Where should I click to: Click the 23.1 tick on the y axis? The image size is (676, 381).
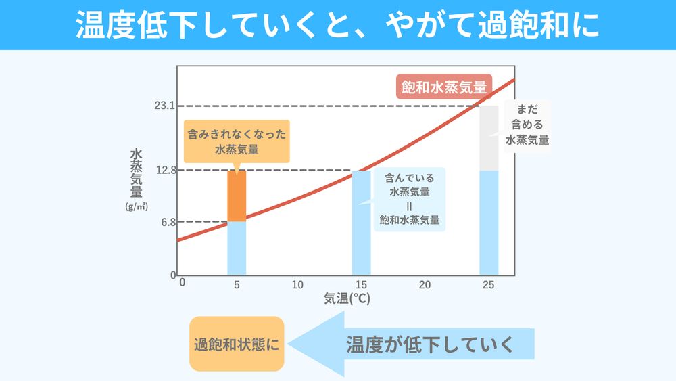[165, 106]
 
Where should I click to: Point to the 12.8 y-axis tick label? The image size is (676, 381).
[165, 170]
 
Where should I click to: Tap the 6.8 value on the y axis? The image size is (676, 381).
[168, 222]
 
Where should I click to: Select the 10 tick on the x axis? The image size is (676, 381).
[297, 285]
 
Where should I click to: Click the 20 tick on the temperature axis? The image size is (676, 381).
[425, 285]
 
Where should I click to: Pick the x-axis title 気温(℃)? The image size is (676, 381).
[347, 298]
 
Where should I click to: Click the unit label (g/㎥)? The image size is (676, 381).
[137, 206]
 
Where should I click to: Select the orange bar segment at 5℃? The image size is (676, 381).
[237, 196]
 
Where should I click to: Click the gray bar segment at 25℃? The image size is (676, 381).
[489, 138]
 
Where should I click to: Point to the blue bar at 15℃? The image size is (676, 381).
[362, 223]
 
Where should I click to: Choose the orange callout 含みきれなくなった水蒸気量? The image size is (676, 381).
[237, 141]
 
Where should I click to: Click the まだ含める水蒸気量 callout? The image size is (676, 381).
[527, 125]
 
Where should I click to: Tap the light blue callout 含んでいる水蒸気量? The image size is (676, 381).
[410, 199]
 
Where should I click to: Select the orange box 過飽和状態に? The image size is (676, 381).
[237, 343]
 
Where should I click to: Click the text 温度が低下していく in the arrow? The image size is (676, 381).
[431, 344]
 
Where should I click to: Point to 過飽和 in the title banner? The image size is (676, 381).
[513, 25]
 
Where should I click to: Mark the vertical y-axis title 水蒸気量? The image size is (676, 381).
[137, 173]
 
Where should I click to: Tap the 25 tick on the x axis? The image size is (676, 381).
[489, 285]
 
